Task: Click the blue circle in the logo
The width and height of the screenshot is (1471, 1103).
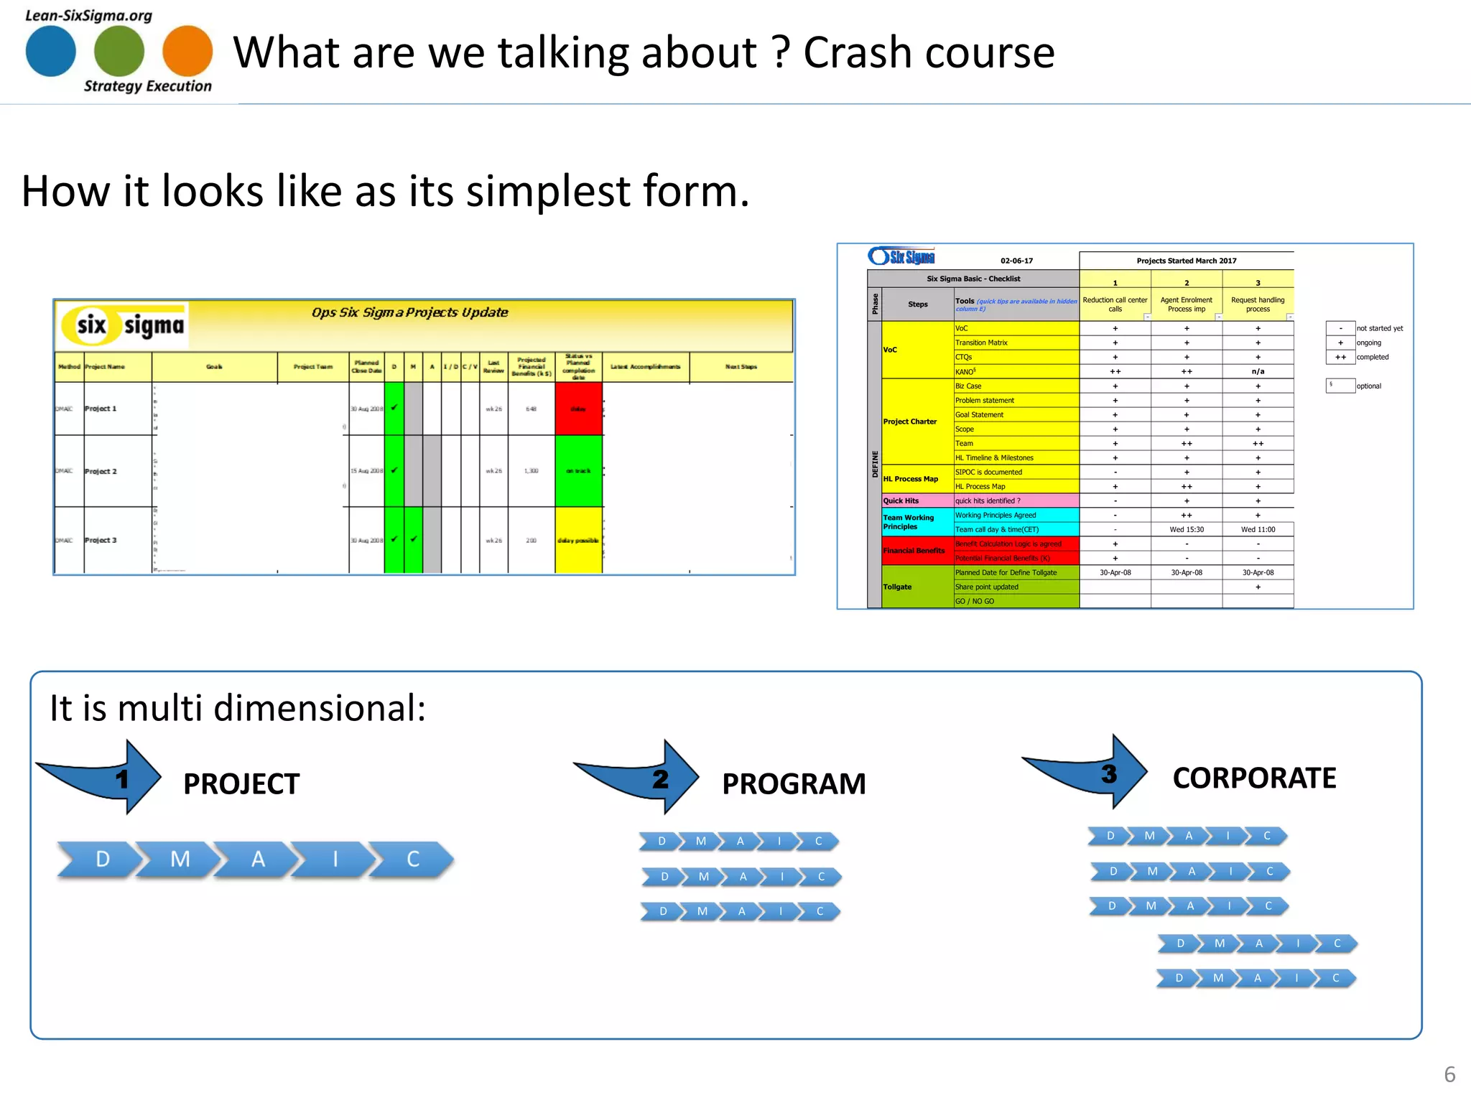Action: point(50,51)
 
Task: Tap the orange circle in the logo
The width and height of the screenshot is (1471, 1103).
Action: point(187,51)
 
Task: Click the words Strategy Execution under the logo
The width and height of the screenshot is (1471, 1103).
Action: point(148,86)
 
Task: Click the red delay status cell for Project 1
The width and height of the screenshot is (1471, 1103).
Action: point(578,409)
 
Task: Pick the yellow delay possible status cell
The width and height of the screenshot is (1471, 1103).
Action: point(578,540)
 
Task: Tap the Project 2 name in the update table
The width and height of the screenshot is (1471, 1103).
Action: point(101,471)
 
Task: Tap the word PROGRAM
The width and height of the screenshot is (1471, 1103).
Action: point(794,783)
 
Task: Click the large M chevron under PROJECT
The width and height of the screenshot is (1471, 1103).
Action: point(180,859)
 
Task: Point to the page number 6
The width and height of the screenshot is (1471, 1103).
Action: point(1449,1074)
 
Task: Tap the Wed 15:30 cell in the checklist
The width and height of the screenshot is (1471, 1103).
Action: point(1187,529)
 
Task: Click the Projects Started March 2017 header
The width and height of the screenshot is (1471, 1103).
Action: point(1186,261)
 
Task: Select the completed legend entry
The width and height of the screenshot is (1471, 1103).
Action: point(1372,357)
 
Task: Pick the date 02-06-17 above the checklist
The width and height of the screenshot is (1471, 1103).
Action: point(1016,261)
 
